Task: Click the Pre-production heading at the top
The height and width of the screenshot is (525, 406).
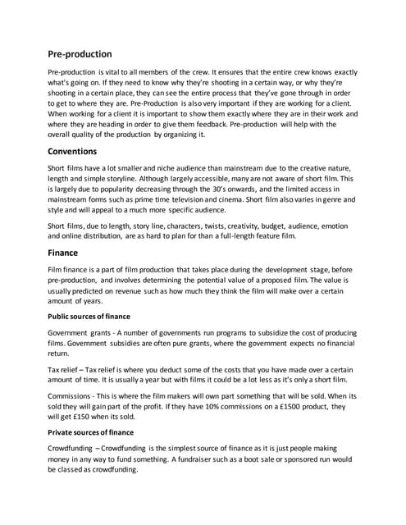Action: [79, 54]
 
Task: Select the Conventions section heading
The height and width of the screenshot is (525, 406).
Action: [73, 151]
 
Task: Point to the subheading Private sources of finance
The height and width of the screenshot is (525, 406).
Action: [99, 431]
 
